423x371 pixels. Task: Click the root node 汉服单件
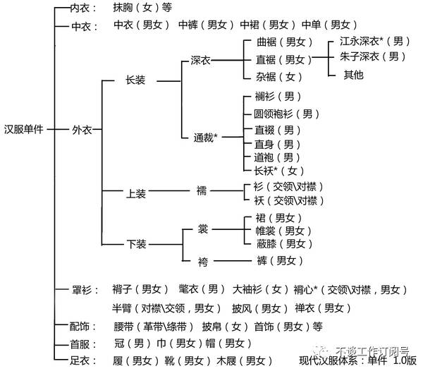(24, 129)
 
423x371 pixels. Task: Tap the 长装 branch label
(135, 80)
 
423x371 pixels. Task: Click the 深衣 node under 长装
(201, 60)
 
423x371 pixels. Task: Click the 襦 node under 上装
(202, 190)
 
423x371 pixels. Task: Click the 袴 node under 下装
(203, 262)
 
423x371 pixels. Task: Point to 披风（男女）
(259, 308)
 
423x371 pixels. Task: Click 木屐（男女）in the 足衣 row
(244, 360)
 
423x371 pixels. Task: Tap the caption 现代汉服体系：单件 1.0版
(357, 360)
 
